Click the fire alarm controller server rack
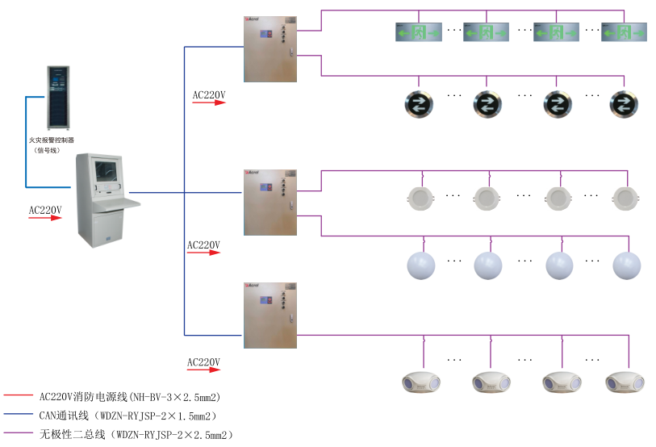[58, 97]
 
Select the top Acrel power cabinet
[270, 48]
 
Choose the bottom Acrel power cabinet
[270, 315]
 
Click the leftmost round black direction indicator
[420, 102]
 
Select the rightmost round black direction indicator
[625, 102]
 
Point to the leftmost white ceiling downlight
[418, 198]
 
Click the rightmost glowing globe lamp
[626, 264]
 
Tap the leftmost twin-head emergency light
[421, 381]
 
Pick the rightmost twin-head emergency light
[626, 381]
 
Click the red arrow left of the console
[45, 218]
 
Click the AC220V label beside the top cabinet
[209, 95]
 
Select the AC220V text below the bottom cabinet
[203, 361]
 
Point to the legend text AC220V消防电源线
[130, 397]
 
